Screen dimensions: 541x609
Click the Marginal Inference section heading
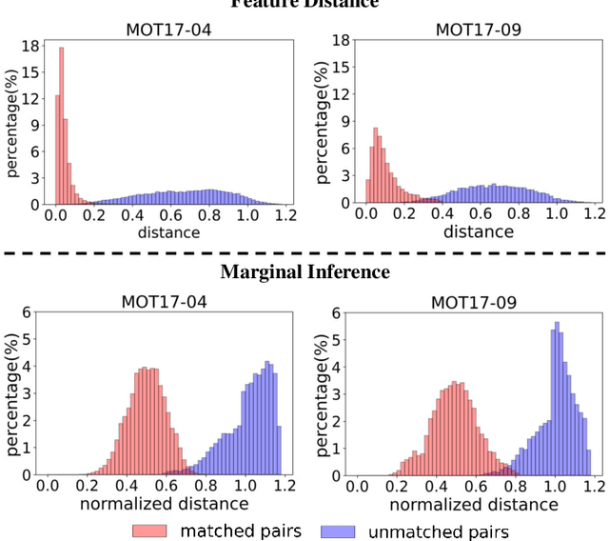point(305,272)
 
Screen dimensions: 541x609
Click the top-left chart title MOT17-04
point(168,29)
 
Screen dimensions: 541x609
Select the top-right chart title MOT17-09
point(478,29)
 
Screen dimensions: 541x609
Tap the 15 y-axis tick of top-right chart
point(339,68)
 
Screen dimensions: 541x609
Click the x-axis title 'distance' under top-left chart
point(168,231)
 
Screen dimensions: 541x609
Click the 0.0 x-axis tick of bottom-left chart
point(47,486)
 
